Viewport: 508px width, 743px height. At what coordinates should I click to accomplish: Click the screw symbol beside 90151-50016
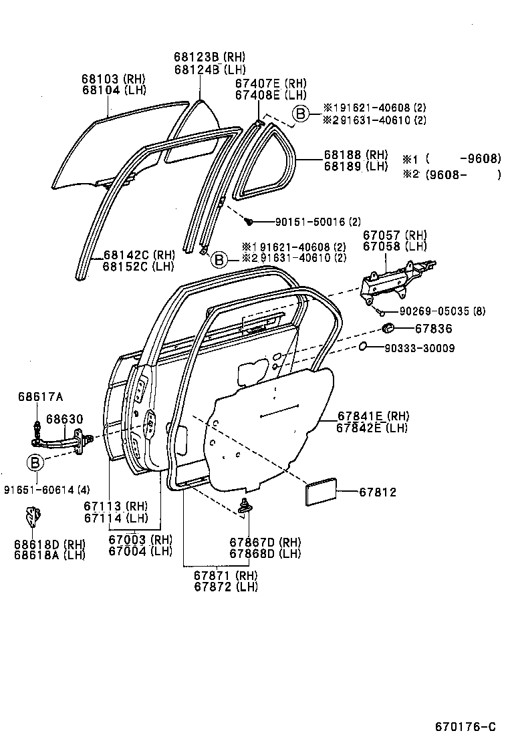[248, 221]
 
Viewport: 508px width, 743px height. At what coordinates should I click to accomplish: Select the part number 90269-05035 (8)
[442, 311]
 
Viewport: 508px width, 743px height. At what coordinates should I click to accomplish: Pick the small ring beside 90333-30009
[362, 347]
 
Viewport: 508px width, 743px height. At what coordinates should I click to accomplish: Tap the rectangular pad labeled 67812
[322, 493]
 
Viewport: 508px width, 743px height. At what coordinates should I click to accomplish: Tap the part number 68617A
[40, 397]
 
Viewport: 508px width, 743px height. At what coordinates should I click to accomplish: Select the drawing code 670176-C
[466, 726]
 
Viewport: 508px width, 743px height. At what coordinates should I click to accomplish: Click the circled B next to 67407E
[301, 114]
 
